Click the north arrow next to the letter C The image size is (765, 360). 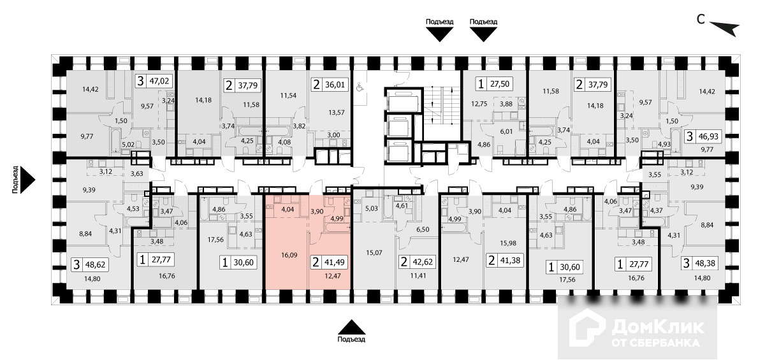point(724,27)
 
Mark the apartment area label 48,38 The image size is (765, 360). point(704,262)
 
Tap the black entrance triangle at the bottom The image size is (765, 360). point(352,326)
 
